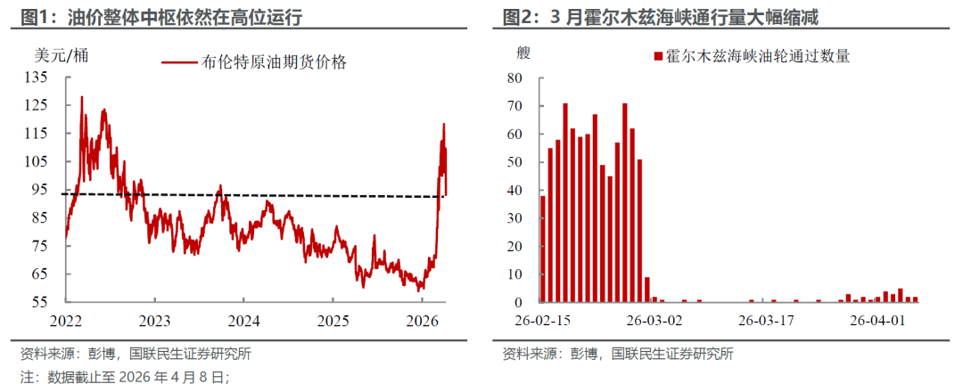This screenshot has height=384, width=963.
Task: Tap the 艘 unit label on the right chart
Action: [x=523, y=51]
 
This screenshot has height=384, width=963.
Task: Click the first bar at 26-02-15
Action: [x=543, y=249]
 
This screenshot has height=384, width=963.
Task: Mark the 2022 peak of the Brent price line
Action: [x=82, y=97]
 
